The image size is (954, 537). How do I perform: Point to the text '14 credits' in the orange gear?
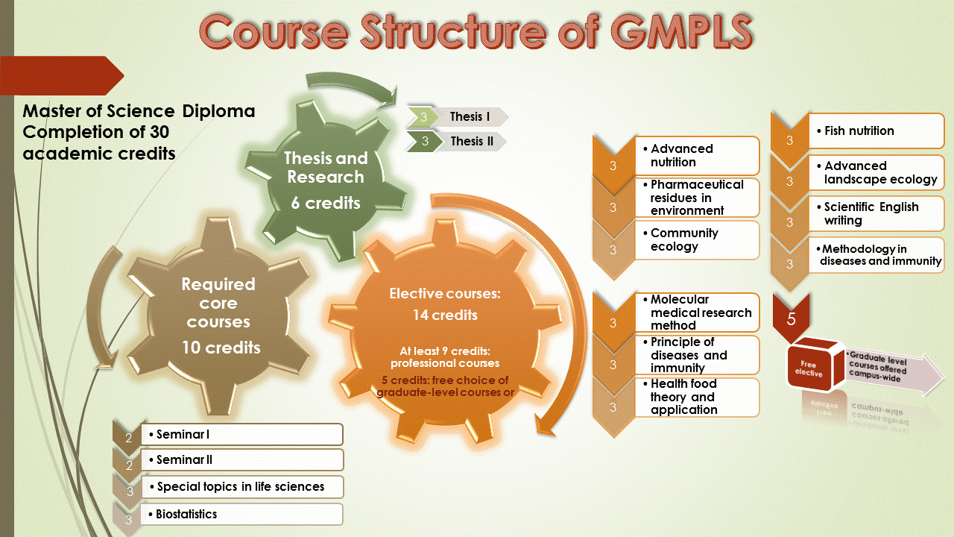tap(445, 315)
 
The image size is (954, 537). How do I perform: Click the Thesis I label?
tap(470, 117)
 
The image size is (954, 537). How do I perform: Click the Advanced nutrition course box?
tap(696, 156)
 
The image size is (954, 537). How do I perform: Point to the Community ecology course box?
tap(696, 239)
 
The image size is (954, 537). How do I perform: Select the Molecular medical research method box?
tap(696, 312)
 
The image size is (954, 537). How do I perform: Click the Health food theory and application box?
tap(696, 397)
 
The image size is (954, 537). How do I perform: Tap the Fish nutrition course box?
tap(876, 131)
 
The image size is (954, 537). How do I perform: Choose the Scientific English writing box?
tap(876, 213)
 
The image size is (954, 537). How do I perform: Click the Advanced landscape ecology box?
tap(876, 172)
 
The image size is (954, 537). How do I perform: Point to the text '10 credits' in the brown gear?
tap(221, 348)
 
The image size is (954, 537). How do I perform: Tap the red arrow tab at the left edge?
tap(63, 75)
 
